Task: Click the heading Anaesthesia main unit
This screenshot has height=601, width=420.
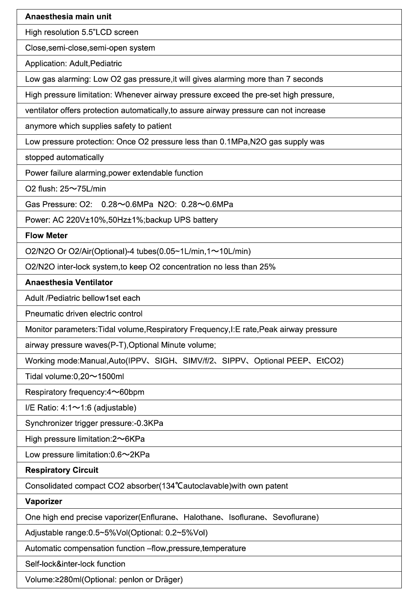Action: (x=68, y=17)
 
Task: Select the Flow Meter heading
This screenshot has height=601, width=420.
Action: (x=46, y=235)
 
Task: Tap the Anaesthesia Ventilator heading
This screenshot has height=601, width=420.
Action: (x=69, y=282)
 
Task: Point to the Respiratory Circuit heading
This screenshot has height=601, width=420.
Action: (x=62, y=470)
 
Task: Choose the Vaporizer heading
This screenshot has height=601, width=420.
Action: (x=44, y=502)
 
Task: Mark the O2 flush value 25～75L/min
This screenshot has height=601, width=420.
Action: (x=83, y=189)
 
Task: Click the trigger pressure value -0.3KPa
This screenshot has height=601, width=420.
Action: (x=148, y=424)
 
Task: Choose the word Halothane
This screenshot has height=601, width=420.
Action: (x=202, y=517)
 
